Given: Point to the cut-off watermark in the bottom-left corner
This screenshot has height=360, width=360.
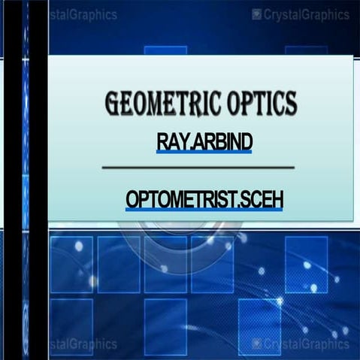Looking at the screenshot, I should pyautogui.click(x=83, y=344).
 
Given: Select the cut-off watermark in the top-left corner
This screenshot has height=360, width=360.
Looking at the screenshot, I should pyautogui.click(x=83, y=14).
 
